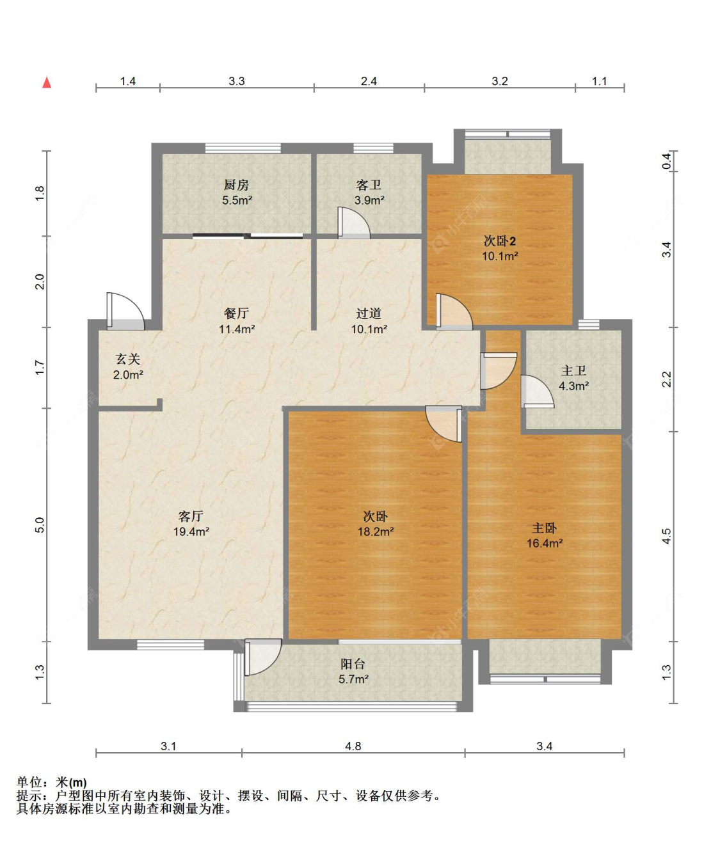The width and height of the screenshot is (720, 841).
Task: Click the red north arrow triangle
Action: pos(47,83)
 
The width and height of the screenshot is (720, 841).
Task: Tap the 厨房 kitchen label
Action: pos(236,185)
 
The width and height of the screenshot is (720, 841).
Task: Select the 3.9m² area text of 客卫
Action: pos(369,200)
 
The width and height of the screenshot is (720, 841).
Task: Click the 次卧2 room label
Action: pos(500,241)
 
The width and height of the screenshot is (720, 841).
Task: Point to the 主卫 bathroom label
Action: pos(573,371)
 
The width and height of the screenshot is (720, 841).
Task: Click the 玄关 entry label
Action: pos(128,359)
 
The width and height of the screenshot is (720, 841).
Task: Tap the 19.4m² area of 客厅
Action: pos(191,531)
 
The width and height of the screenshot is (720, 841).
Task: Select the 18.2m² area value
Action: pos(376,531)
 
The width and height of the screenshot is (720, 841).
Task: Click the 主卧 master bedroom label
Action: pos(545,528)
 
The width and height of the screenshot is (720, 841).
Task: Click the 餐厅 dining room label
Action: pos(236,313)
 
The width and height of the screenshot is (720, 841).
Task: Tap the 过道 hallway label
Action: pos(369,313)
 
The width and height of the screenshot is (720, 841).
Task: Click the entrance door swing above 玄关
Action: pos(125,311)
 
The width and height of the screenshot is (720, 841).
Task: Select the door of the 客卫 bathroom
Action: pos(354,223)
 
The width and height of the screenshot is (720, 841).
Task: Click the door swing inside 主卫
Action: pos(538,391)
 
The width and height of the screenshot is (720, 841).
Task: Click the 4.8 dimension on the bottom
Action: pos(353,746)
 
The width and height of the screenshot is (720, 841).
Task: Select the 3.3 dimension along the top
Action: pos(237,81)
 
